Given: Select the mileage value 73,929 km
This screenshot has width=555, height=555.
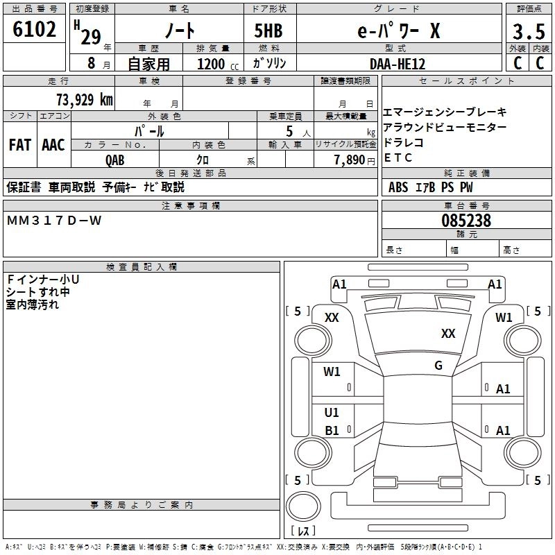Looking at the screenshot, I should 84,99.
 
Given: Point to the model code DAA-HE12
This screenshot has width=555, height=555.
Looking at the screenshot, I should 398,63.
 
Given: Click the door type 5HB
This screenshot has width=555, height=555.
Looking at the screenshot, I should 268,32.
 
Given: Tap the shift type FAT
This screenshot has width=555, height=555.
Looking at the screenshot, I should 19,145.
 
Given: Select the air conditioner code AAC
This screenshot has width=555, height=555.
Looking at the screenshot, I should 53,145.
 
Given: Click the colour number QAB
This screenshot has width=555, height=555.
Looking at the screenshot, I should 115,160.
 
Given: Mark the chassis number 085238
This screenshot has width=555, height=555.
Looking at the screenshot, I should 466,221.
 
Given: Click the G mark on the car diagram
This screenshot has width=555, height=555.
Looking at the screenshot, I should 438,366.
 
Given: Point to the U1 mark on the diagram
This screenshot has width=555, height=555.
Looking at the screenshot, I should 332,413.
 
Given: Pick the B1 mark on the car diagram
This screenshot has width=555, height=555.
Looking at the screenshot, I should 332,431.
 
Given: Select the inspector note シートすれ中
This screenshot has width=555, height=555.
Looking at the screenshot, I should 37,292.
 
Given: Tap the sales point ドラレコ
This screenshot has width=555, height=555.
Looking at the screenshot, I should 403,142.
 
